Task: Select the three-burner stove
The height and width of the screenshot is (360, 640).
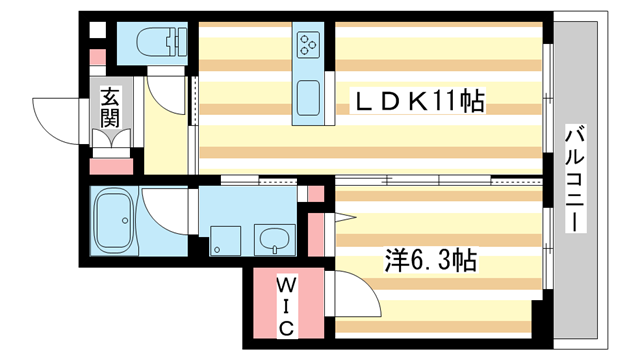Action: click(307, 46)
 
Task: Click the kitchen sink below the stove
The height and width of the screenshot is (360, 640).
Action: click(307, 98)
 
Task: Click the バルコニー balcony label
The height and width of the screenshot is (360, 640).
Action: click(575, 179)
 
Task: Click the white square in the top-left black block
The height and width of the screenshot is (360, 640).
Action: click(98, 30)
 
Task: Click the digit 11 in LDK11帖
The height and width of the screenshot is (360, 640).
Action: click(447, 101)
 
